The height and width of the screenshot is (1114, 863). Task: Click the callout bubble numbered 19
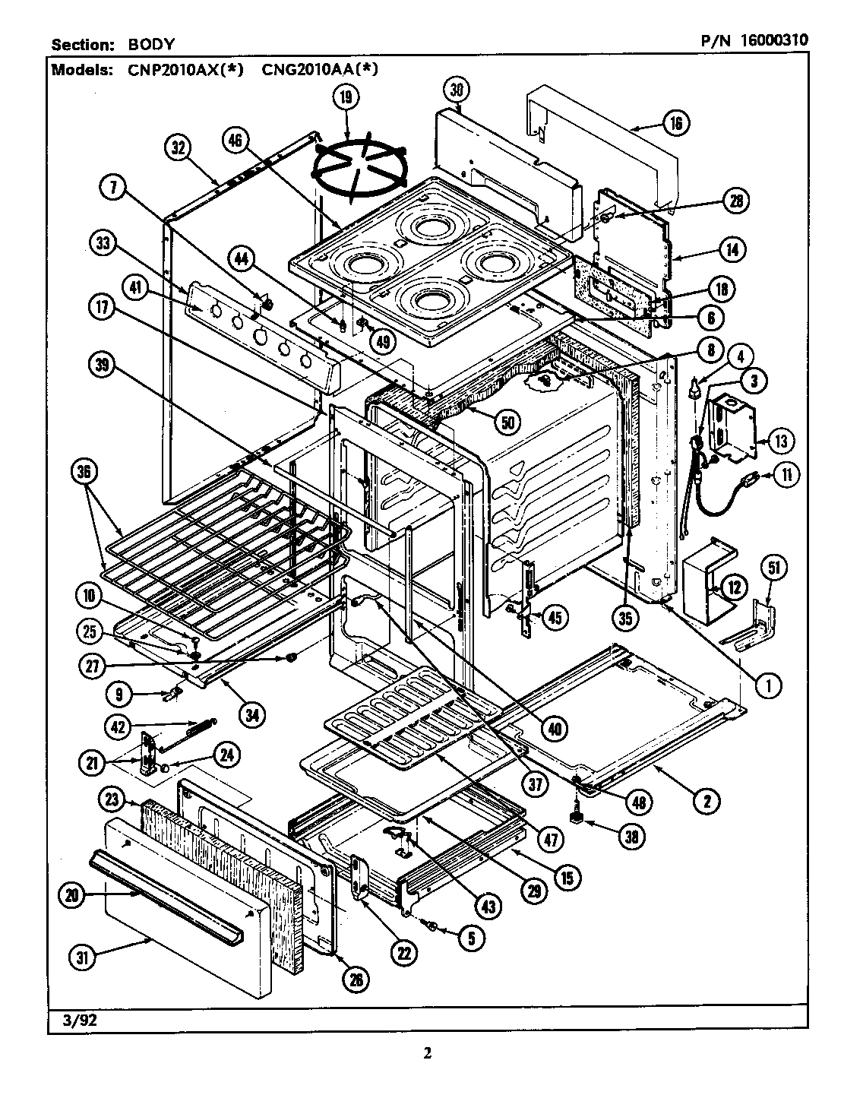(346, 97)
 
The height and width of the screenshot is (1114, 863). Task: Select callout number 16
(675, 122)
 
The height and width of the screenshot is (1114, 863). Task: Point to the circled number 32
(179, 149)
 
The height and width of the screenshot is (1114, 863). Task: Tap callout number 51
(773, 568)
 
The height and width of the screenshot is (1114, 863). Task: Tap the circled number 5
(470, 938)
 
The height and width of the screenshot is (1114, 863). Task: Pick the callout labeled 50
(505, 421)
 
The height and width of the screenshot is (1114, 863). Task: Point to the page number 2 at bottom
(427, 1053)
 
